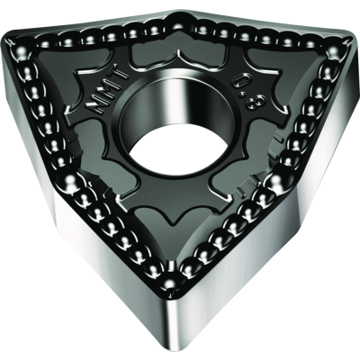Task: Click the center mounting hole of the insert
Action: click(x=181, y=126)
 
